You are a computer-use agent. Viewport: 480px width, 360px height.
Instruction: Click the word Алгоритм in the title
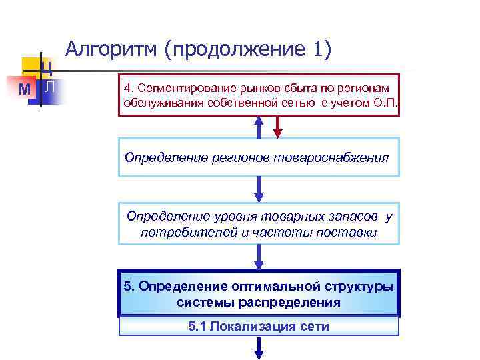(111, 51)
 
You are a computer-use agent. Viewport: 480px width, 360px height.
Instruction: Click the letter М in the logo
(25, 89)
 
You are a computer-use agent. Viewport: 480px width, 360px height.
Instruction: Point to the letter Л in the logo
(49, 86)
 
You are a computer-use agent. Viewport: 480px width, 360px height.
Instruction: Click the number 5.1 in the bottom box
(198, 327)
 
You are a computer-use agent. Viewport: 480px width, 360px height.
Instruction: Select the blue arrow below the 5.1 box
(259, 347)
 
